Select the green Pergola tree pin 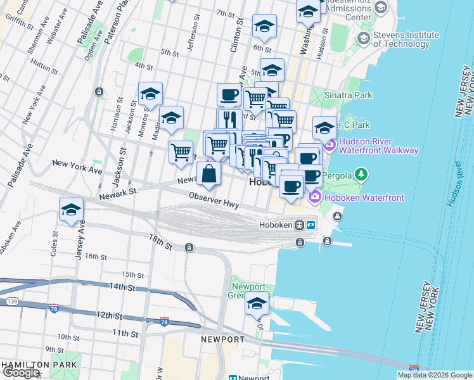click(x=361, y=173)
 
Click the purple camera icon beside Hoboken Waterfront click(x=315, y=198)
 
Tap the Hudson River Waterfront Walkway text click(x=378, y=146)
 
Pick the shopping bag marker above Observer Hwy click(x=208, y=173)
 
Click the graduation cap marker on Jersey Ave click(x=72, y=210)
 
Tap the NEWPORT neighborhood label click(x=222, y=339)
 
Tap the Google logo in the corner click(x=22, y=372)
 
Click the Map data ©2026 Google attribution click(x=434, y=375)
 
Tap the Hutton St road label click(x=44, y=65)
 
